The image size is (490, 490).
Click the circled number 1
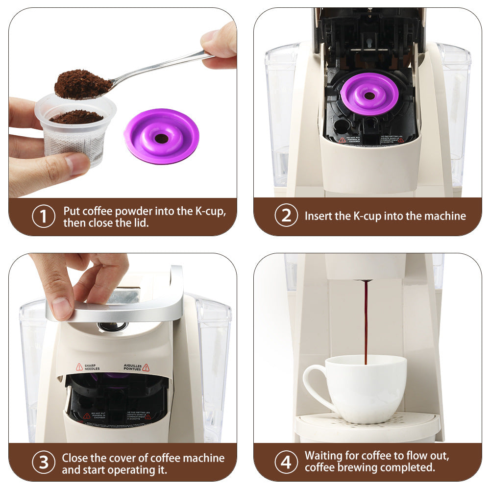point(44,217)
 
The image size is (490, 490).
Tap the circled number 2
point(286,216)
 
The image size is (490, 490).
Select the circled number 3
point(44,462)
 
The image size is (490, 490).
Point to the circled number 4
point(286,462)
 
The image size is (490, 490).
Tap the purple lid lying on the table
point(161,136)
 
